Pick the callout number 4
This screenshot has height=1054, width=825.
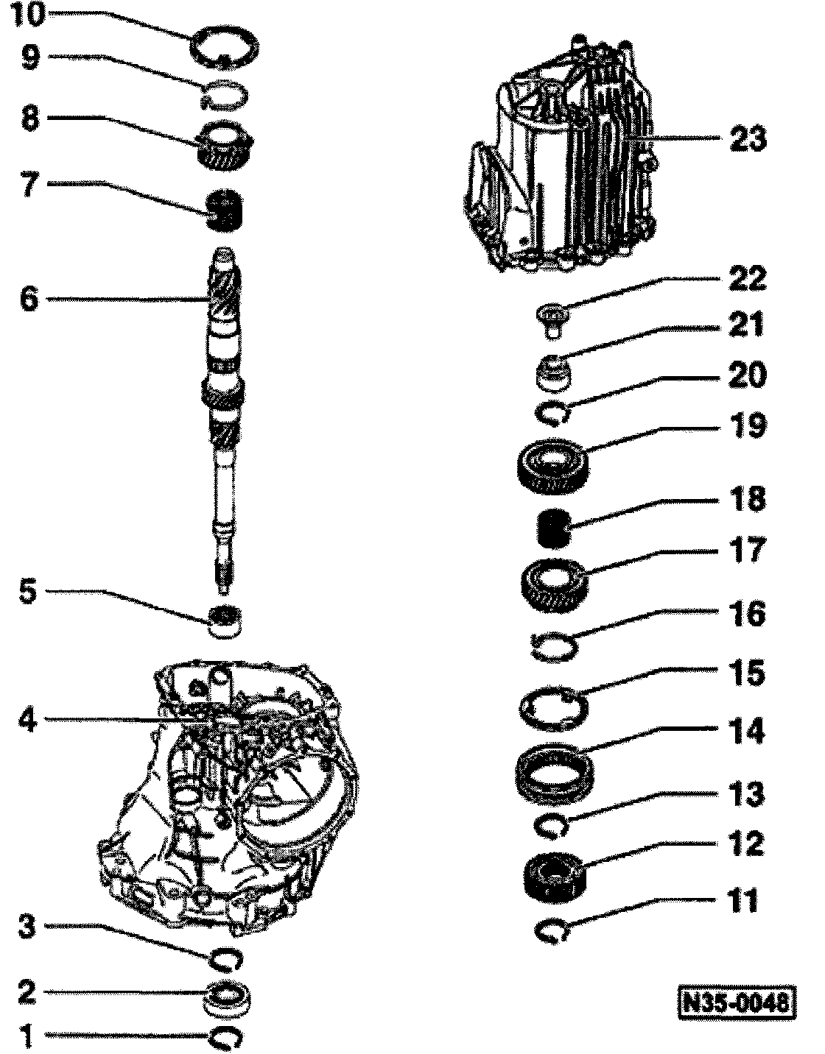[28, 719]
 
